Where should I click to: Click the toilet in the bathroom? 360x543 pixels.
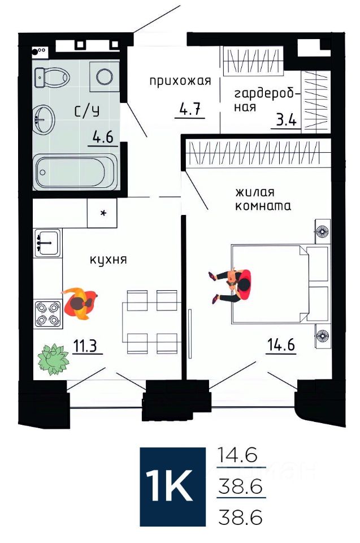coord(52,77)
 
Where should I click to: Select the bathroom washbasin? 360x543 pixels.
coord(44,119)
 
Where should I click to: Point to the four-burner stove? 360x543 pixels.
coord(48,314)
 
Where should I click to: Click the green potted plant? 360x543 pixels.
coord(53,360)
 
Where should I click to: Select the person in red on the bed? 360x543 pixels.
coord(233,285)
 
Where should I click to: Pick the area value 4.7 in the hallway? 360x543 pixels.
coord(190,109)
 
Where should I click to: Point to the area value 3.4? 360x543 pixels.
coord(286,120)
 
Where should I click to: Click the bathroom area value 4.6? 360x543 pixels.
coord(103,137)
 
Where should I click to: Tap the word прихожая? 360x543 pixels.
coord(180,81)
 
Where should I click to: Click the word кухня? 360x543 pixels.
coord(109,260)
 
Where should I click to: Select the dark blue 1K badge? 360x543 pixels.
coord(173,487)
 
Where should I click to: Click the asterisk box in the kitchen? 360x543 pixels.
coord(102,213)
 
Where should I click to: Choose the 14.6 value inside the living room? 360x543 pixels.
coord(281,345)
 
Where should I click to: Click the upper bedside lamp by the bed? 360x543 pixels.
coord(322,231)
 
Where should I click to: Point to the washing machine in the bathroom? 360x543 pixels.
coord(105,77)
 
